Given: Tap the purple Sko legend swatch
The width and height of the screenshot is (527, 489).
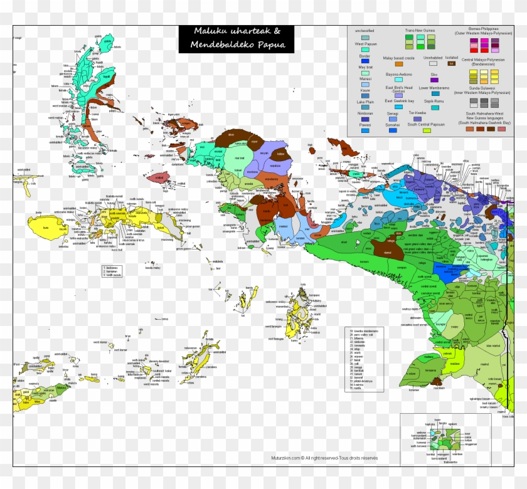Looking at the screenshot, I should click(x=434, y=80).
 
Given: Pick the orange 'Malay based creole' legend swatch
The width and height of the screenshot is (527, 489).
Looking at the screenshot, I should click(x=398, y=63).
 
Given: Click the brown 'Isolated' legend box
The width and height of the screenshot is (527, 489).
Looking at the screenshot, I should click(x=450, y=63).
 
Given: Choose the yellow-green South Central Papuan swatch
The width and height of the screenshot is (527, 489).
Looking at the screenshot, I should click(x=427, y=130).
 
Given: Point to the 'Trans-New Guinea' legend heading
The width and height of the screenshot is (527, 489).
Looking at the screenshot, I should click(x=420, y=30).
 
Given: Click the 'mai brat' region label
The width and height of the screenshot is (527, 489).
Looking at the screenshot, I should click(x=238, y=158).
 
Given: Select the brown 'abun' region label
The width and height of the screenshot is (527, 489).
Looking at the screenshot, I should click(x=231, y=134).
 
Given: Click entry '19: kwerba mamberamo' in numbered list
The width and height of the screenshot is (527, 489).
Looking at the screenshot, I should click(x=363, y=330).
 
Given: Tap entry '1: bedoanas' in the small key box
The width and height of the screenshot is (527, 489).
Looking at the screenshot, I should click(x=112, y=268).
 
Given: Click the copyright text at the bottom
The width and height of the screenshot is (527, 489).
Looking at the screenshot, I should click(x=324, y=458).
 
